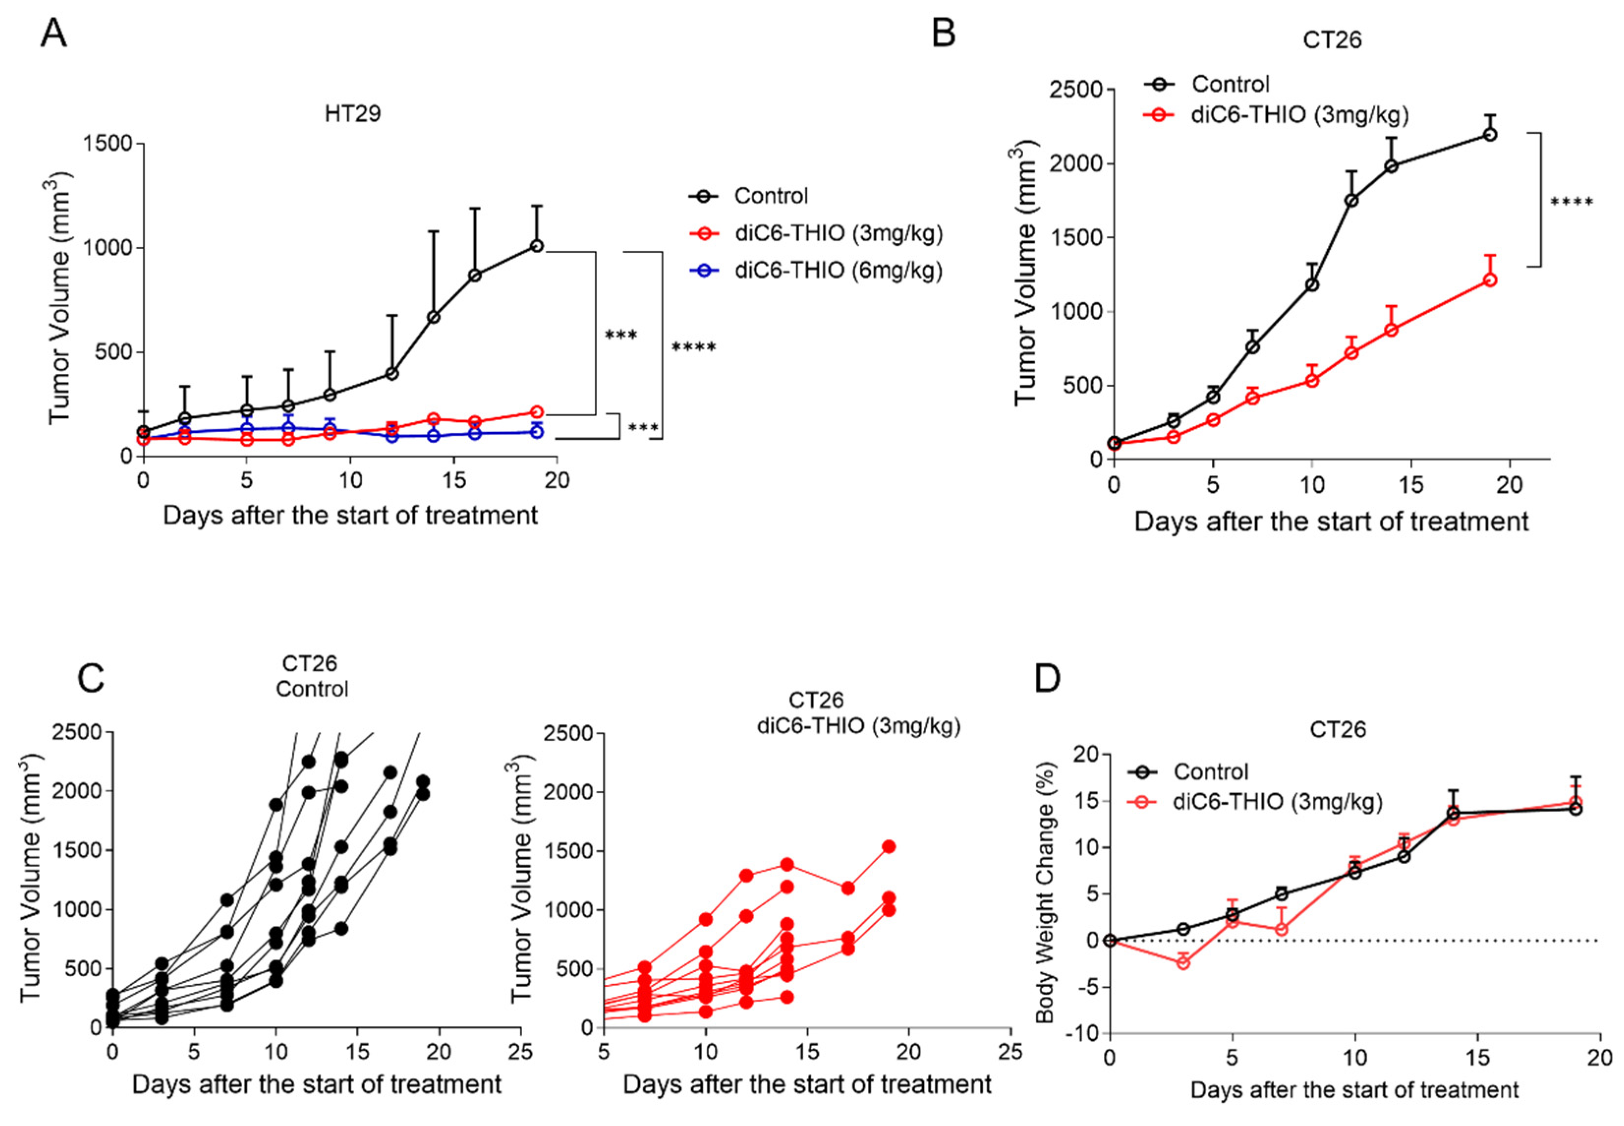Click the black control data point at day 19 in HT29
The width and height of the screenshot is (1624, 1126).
536,246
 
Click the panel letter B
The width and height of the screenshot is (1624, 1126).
944,33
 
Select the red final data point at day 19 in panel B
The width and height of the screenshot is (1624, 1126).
1490,279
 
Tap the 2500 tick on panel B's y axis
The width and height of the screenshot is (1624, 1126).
1076,90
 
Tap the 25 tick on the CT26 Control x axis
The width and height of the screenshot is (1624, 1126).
520,1052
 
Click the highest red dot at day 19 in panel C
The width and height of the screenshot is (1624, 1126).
889,847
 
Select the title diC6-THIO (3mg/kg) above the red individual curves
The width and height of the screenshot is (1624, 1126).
858,726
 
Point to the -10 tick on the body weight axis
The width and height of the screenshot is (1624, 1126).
1084,1033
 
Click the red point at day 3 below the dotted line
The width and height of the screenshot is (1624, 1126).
1183,962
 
